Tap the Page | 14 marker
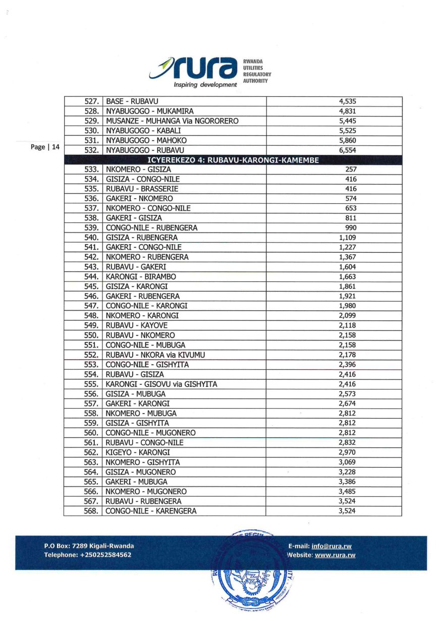click(x=45, y=147)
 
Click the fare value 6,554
click(x=348, y=150)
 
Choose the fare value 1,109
click(x=348, y=238)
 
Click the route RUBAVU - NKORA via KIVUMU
click(x=155, y=355)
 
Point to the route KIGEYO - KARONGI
click(x=138, y=452)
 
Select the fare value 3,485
click(x=348, y=491)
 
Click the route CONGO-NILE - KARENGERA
click(x=151, y=511)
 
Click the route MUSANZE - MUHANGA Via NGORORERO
click(x=172, y=121)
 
